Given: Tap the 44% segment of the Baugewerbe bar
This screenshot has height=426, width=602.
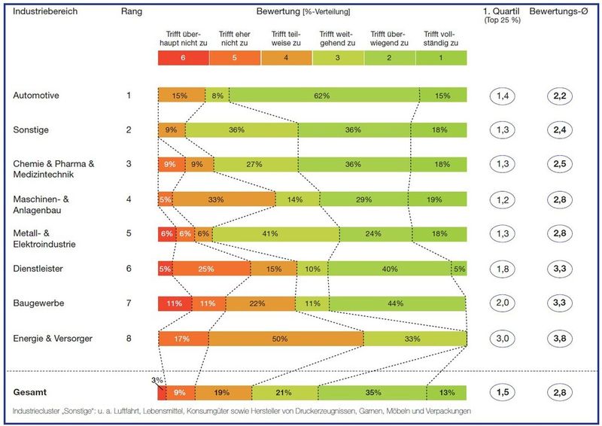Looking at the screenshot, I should [x=397, y=303].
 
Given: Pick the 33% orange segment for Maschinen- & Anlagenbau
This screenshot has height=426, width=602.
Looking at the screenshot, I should [x=224, y=199].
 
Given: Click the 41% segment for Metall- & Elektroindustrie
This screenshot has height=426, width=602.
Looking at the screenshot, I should [x=266, y=234].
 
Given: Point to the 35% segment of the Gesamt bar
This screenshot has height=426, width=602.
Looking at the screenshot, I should [x=372, y=393].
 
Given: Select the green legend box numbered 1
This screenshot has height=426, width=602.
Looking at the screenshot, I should [x=441, y=57].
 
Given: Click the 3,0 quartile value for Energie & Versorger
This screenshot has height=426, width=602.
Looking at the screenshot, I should [x=505, y=339].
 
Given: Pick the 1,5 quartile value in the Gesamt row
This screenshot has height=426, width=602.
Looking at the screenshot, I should [x=505, y=393].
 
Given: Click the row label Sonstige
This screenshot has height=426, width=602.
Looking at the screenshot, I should [x=31, y=130].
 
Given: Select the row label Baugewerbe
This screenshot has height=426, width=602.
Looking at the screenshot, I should [x=37, y=303].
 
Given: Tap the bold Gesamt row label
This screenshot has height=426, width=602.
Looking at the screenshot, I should [x=32, y=393].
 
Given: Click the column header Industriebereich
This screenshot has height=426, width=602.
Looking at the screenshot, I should [x=44, y=12].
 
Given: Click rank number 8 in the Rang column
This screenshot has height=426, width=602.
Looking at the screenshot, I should [x=129, y=339].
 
